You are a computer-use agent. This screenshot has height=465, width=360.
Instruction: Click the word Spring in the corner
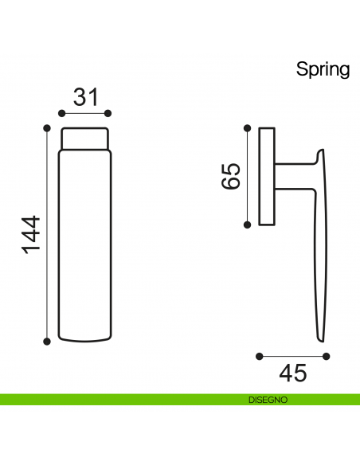(x=323, y=69)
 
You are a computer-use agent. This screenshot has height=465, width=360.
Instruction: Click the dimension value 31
(x=85, y=97)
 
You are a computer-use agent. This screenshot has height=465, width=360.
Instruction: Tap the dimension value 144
(x=30, y=234)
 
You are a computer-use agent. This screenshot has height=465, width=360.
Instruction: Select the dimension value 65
(x=230, y=176)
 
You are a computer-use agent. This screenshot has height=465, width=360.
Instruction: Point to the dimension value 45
(x=292, y=373)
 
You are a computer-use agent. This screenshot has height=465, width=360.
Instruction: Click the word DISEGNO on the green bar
(x=267, y=400)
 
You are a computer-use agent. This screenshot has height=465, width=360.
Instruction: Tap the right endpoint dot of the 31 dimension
(x=108, y=113)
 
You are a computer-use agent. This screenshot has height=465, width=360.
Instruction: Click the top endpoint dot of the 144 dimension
(x=47, y=127)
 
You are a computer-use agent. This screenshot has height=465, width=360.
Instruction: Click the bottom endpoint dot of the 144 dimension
(x=47, y=341)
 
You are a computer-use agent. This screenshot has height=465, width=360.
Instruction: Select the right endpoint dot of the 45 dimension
(x=325, y=356)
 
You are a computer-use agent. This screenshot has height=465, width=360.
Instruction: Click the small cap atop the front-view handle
(x=85, y=139)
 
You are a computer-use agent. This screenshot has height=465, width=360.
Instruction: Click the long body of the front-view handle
(x=85, y=247)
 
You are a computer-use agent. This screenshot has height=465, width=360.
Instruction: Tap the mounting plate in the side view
(x=268, y=176)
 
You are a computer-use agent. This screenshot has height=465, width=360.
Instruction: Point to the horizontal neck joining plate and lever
(x=295, y=176)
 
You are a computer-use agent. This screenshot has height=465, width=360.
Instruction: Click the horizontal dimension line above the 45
(x=292, y=356)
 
